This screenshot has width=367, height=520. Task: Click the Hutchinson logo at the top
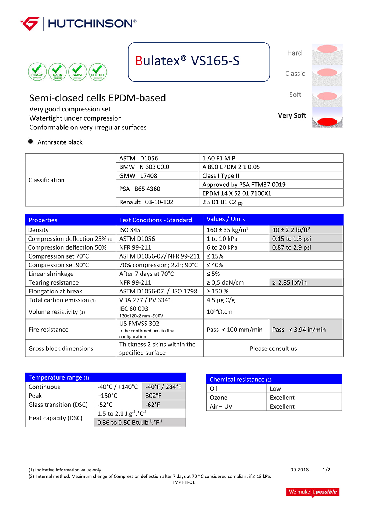78,24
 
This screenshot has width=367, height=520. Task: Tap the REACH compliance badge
37,72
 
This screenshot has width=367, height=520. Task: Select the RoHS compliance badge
58,72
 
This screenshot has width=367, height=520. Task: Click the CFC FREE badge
98,72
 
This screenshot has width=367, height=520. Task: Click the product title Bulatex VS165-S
187,61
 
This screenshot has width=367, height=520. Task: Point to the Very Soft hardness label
292,115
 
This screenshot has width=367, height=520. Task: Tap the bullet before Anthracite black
30,142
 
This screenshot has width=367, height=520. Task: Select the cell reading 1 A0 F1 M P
219,158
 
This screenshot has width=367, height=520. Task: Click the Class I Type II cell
221,176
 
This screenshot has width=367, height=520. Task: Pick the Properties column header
43,220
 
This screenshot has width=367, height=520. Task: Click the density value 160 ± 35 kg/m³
228,230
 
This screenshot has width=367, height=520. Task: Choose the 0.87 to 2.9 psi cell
292,247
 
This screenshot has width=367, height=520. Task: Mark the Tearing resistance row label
54,282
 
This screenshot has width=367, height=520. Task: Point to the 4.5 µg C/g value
221,300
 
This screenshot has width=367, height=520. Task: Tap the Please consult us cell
273,349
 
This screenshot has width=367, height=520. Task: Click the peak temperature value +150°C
107,396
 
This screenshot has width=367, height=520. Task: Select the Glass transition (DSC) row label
58,405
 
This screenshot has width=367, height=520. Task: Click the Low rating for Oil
276,389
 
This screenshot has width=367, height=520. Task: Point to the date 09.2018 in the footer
299,470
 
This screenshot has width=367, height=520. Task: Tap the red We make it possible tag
313,492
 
